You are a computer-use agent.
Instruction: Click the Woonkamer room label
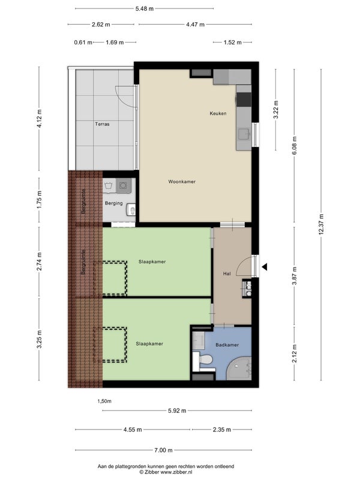click(182, 182)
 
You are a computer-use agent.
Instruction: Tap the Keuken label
click(218, 113)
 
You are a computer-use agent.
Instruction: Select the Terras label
click(102, 124)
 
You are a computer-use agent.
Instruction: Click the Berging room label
click(113, 203)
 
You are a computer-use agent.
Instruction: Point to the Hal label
click(227, 274)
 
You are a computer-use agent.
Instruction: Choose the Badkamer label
click(227, 344)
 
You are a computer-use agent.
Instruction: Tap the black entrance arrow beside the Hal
click(265, 267)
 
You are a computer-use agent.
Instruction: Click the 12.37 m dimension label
click(321, 224)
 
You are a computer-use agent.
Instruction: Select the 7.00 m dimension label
click(163, 450)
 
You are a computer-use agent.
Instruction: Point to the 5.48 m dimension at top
click(145, 8)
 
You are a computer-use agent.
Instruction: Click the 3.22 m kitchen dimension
click(275, 110)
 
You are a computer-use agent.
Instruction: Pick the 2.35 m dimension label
click(222, 430)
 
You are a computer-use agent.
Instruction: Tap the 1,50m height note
click(104, 401)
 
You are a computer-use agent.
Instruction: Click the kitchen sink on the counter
click(244, 134)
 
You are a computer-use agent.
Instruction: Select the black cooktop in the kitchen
click(244, 99)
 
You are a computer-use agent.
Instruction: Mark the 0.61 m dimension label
click(83, 42)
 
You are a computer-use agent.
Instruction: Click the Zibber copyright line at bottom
click(166, 472)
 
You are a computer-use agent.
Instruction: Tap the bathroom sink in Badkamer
click(199, 340)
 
